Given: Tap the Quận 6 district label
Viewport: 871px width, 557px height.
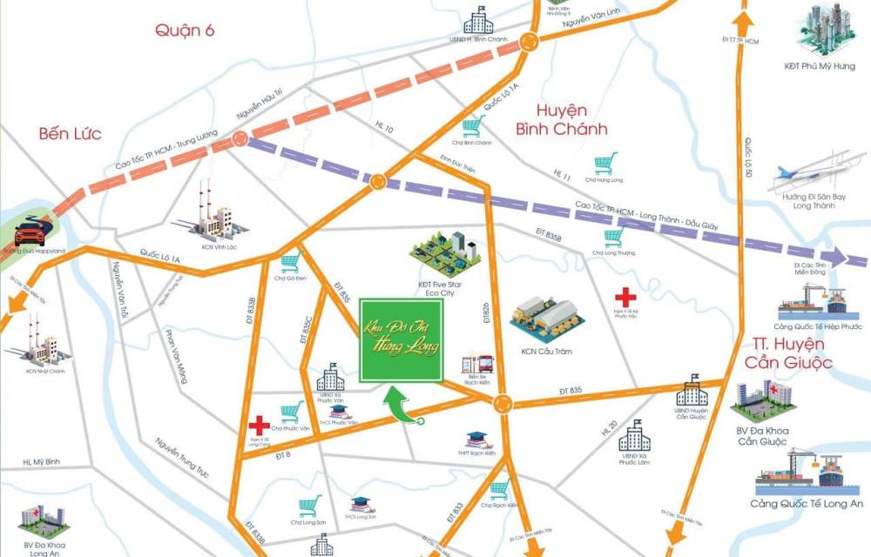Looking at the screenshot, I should click(x=185, y=30).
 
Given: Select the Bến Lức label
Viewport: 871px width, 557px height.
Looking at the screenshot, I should click(x=70, y=133).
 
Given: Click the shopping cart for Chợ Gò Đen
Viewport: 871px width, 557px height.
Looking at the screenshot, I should click(x=290, y=262).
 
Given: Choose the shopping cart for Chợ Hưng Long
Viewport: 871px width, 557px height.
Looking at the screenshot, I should click(x=606, y=163).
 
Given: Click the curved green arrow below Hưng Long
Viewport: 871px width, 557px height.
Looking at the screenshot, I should click(x=403, y=407).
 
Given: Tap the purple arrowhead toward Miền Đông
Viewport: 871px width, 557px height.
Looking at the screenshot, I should click(x=838, y=257).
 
